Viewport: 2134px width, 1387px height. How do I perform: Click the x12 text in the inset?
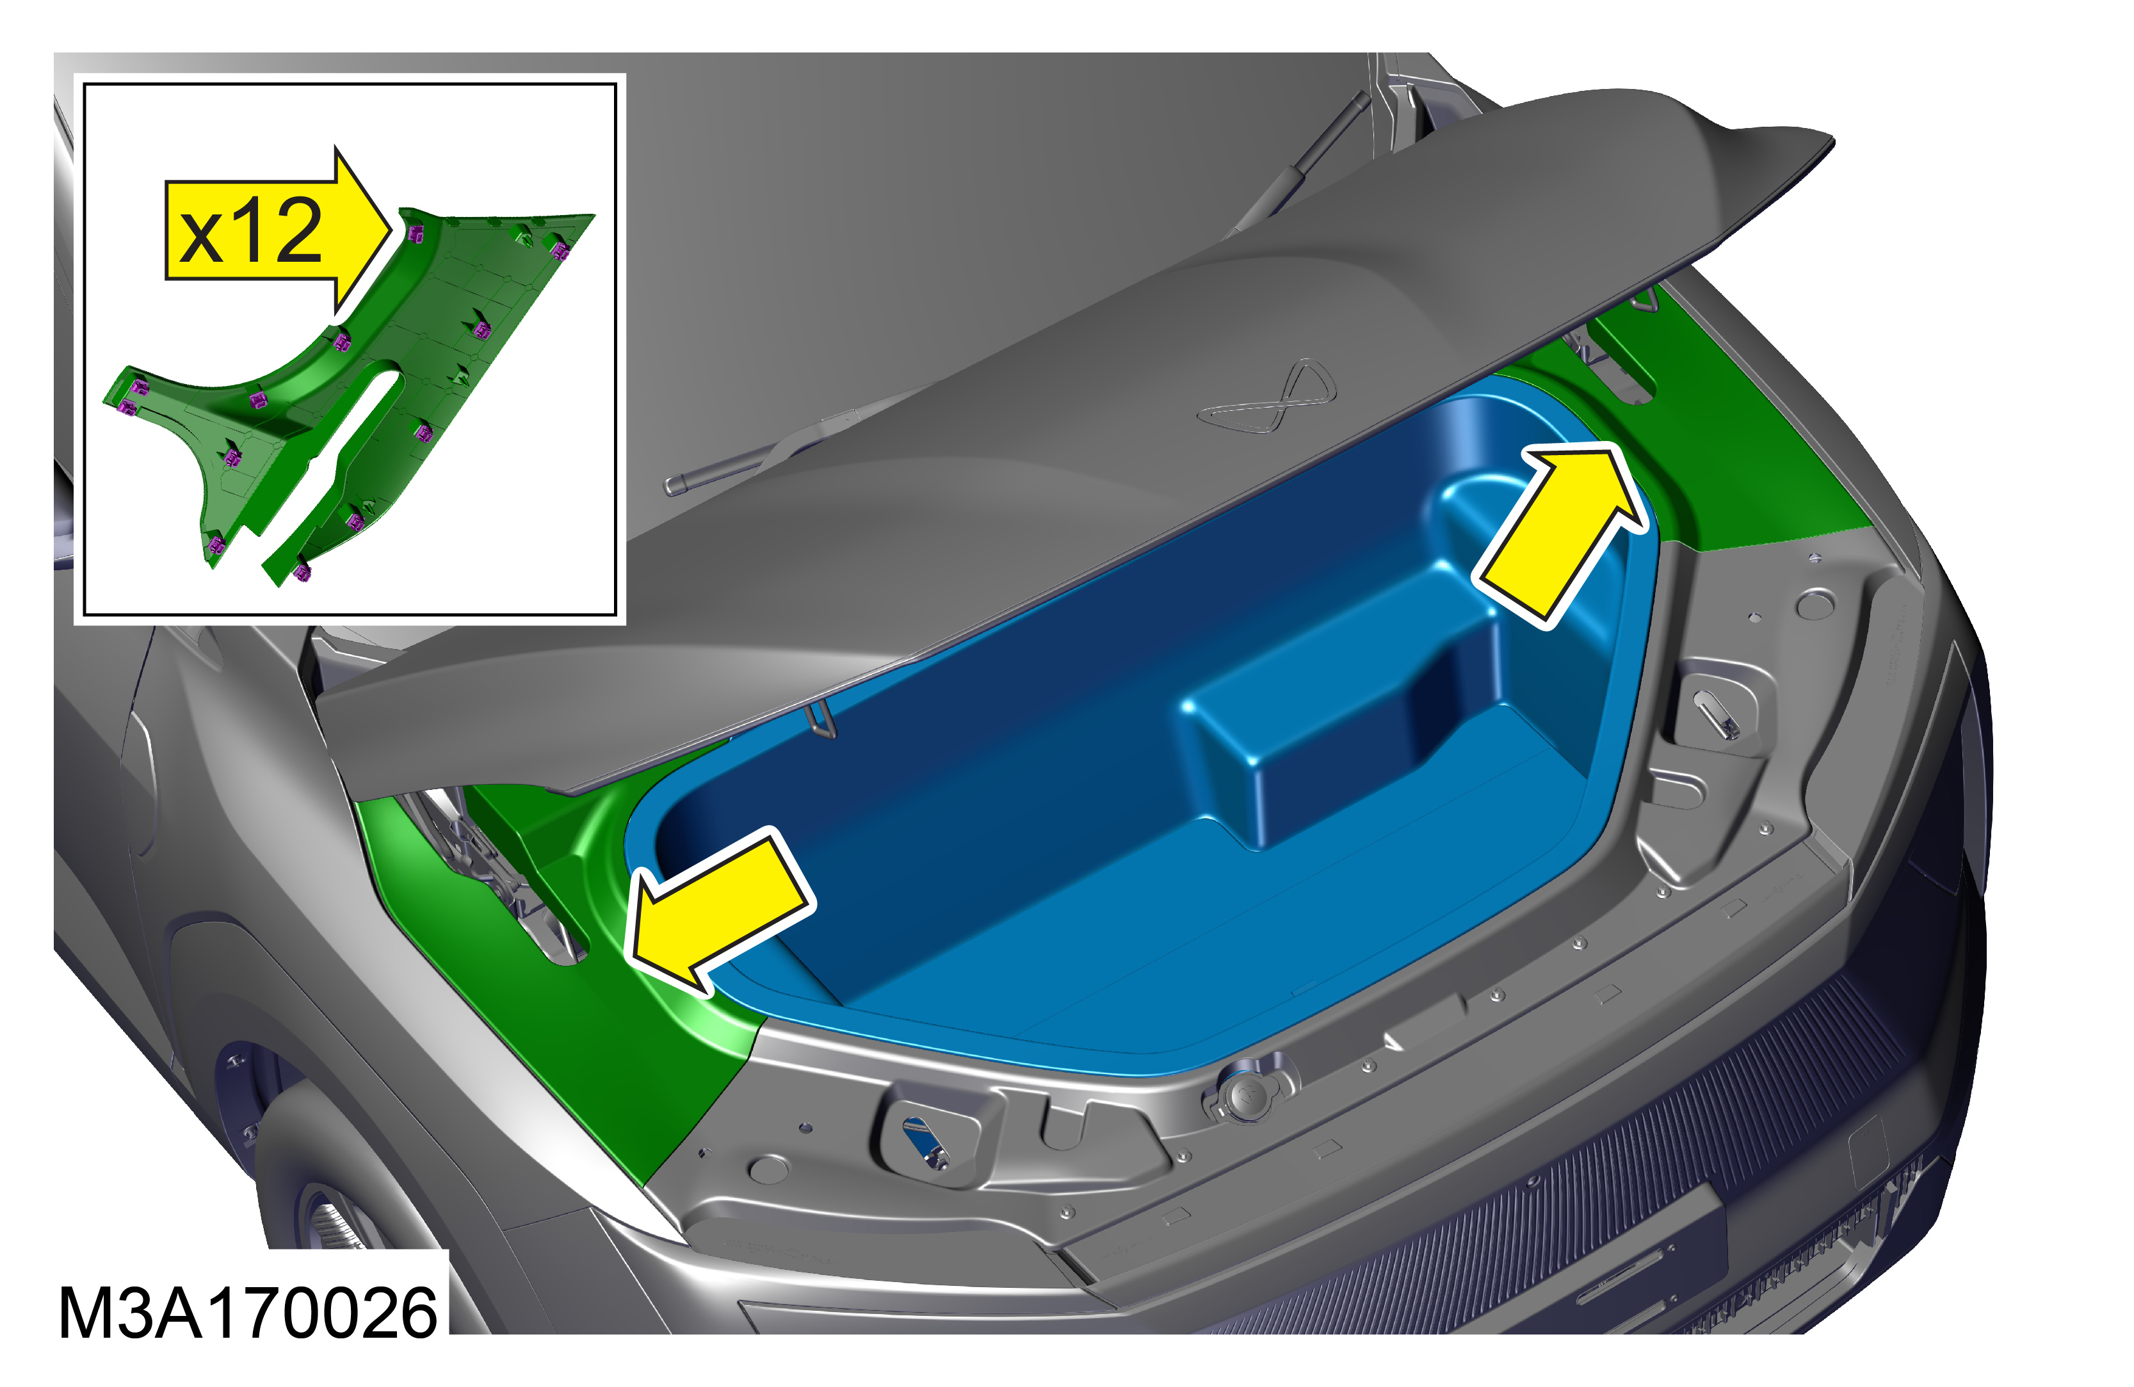[x=250, y=231]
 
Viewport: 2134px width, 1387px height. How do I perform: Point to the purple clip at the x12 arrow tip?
[x=415, y=233]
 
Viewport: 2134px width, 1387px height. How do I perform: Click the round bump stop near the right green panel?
[x=1815, y=604]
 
